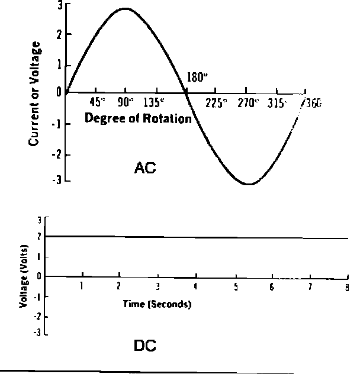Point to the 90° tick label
point(125,102)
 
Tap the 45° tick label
point(98,102)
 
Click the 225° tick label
point(216,102)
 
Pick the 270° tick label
point(249,102)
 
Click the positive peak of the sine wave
point(125,9)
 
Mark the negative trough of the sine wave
point(249,184)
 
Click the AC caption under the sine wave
point(145,169)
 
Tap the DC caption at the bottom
point(145,346)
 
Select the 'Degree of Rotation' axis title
point(138,118)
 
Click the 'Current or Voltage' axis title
point(35,93)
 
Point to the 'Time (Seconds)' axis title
point(157,304)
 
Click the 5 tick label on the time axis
point(236,287)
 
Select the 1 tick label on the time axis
point(82,286)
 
